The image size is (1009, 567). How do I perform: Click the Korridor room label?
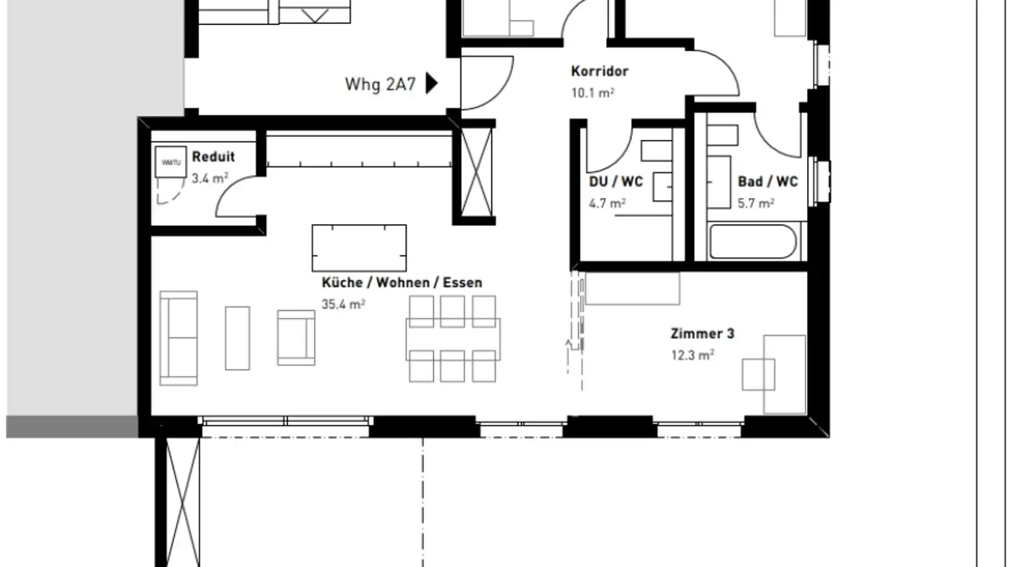pos(599,71)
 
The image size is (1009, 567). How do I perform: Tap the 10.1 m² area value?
pos(592,92)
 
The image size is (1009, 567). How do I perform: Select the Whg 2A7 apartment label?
pos(380,85)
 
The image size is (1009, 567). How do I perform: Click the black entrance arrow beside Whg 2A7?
pos(432,84)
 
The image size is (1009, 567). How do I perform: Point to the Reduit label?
pos(213,157)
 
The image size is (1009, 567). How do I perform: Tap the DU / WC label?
pos(615,182)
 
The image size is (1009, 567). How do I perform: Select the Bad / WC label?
pos(767,182)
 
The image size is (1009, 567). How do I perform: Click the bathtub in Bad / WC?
pos(752,242)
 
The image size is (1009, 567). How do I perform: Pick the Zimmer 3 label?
pos(702,334)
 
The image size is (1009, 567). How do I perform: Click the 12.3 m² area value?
pos(692,355)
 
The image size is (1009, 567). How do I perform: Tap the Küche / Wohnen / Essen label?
pos(401,283)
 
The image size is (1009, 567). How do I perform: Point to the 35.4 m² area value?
pos(343,304)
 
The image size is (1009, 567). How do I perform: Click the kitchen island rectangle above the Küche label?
pos(359,248)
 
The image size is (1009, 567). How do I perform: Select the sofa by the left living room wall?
pos(178,338)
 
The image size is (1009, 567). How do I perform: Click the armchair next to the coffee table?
pos(296,337)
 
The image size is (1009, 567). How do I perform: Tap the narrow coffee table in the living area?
pos(237,338)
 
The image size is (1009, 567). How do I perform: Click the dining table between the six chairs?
pos(453,339)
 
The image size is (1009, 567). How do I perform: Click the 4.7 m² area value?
pos(607,204)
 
